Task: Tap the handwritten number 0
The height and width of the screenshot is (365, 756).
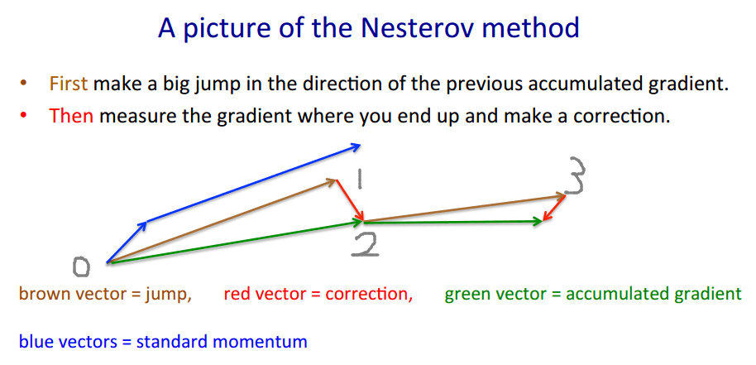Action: point(81,266)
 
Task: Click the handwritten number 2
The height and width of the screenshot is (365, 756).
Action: point(364,244)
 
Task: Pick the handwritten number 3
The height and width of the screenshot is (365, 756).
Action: point(577,175)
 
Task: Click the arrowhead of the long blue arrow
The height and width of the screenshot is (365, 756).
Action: point(356,146)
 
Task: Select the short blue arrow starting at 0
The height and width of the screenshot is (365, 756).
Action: point(127,243)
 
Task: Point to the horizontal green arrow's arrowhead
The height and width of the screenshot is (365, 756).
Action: point(538,221)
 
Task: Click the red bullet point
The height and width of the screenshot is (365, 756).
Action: point(24,116)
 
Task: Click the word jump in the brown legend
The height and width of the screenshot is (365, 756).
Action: point(171,294)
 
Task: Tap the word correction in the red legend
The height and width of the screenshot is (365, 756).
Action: point(376,294)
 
